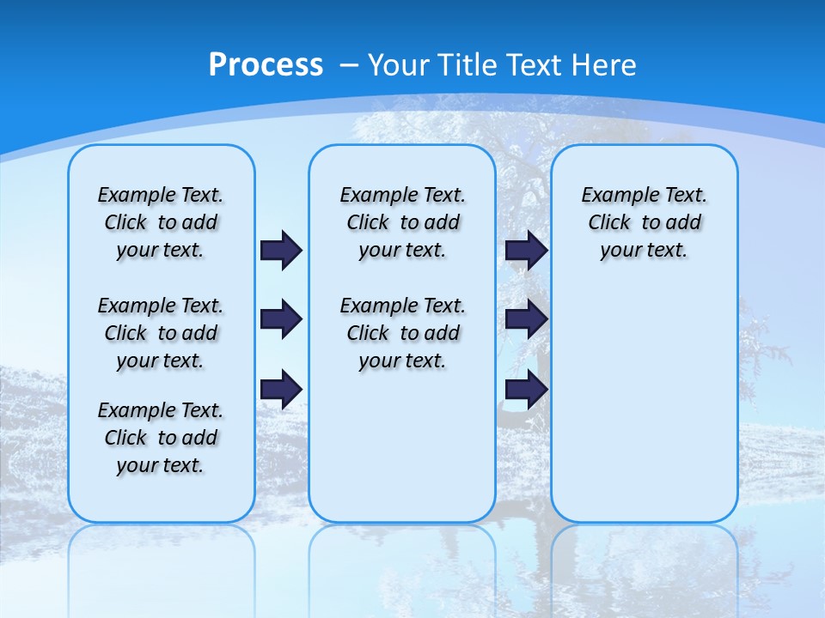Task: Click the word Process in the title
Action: [266, 64]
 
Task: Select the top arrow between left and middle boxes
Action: [281, 251]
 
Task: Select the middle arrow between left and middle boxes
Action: [281, 320]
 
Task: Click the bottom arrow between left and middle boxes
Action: [281, 390]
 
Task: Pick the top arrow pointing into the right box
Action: [526, 251]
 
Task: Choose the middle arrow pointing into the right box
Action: [526, 320]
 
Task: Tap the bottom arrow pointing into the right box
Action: [526, 390]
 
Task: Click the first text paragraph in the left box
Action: [161, 222]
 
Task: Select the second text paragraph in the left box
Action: [161, 333]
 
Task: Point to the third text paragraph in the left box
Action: [161, 438]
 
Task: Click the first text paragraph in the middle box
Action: [403, 222]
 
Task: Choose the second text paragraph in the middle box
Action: [403, 333]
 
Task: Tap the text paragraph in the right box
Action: [645, 222]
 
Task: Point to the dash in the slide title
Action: [349, 64]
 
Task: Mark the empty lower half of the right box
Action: [645, 412]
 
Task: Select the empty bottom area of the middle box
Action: [402, 455]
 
